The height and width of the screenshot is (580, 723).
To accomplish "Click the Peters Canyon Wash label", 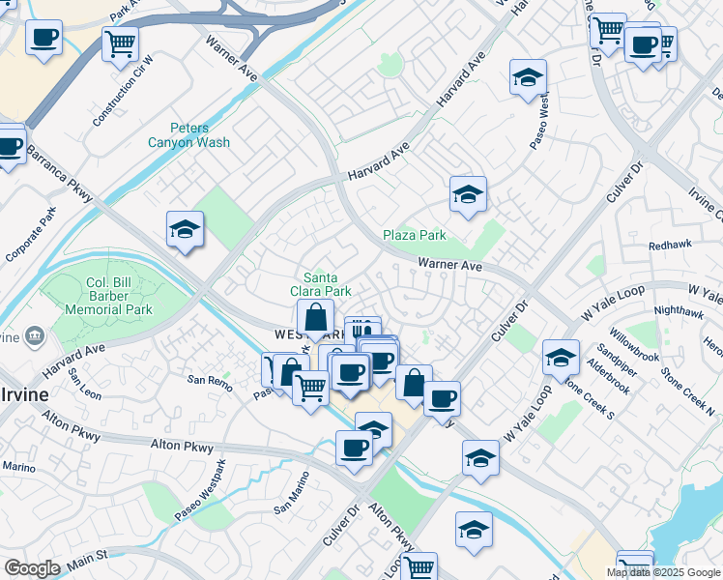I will coord(188,134).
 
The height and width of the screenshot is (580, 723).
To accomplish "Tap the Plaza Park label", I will coord(414,235).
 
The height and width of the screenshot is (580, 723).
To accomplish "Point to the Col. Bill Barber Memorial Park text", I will coord(108,298).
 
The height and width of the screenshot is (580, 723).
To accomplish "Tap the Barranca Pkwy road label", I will coord(60,173).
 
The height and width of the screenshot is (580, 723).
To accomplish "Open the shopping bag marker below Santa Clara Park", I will coord(315,317).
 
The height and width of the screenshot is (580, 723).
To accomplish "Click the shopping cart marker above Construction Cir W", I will coord(120,43).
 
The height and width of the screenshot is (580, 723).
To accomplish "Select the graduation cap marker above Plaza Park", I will coord(468,194).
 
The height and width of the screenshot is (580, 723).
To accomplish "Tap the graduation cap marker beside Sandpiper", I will coord(560,358).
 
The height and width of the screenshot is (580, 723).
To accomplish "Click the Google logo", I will coord(32,568).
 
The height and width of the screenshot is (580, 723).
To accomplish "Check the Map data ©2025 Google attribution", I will coord(663,572).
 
